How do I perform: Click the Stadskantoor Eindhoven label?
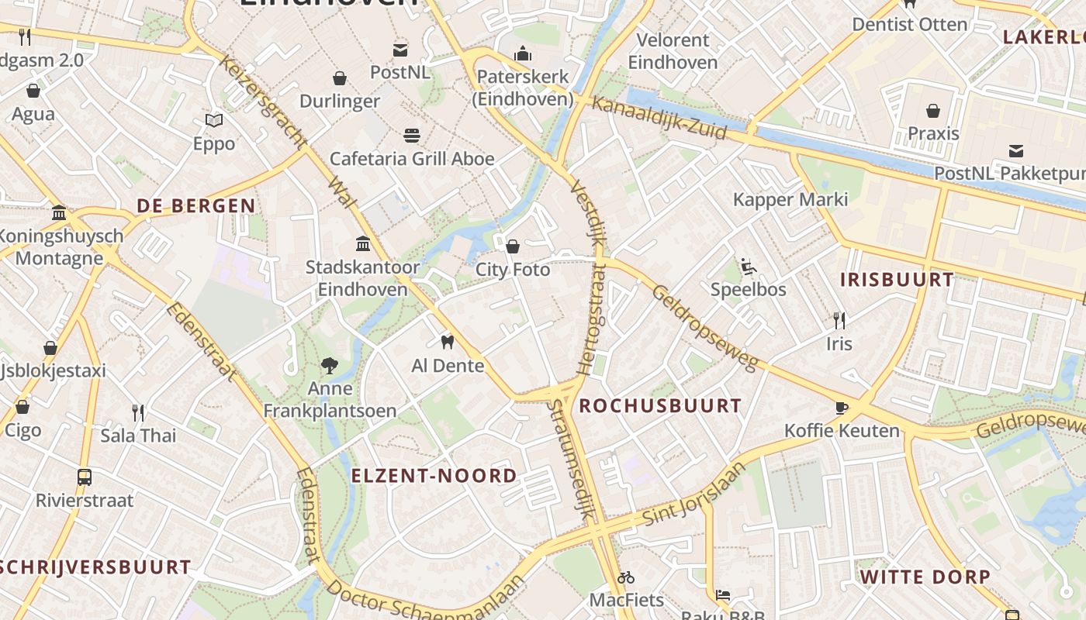[362, 278]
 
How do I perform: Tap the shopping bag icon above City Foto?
[512, 246]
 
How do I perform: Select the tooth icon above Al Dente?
[447, 342]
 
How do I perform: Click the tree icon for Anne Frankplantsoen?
[330, 365]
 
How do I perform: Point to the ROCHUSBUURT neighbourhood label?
[660, 405]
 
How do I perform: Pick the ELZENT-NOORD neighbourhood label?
[434, 476]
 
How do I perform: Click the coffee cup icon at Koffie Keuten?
[842, 408]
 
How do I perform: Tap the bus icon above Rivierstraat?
[85, 477]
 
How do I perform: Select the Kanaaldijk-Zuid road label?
[660, 119]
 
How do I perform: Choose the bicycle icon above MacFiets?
[626, 577]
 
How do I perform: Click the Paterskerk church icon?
[524, 53]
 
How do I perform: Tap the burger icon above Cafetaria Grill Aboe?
[412, 136]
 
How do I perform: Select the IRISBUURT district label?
[897, 280]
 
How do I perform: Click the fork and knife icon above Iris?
[839, 320]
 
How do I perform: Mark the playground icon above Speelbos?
[749, 267]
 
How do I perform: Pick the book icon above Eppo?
[214, 120]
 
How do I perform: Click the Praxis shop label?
[933, 133]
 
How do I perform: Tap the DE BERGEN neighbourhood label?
[196, 206]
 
